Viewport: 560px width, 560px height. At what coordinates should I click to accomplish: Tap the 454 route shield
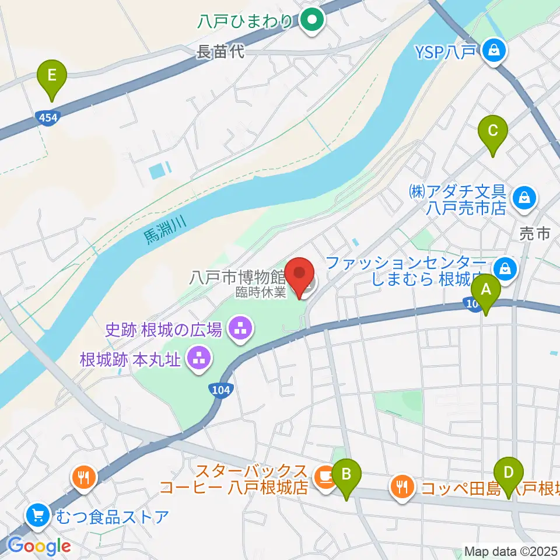pyautogui.click(x=48, y=117)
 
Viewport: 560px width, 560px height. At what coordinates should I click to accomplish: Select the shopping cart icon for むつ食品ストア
pyautogui.click(x=38, y=515)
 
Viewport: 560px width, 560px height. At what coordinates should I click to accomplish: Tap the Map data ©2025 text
pyautogui.click(x=510, y=551)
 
